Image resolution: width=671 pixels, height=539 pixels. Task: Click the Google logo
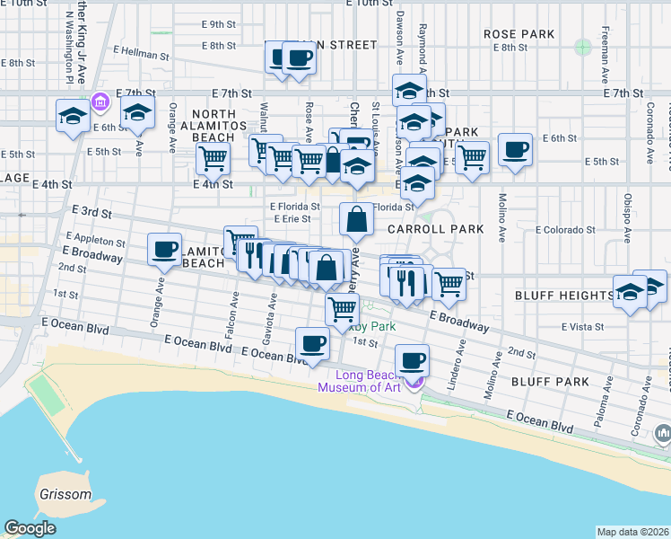(30, 528)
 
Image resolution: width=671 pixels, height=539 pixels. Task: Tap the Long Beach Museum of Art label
(368, 381)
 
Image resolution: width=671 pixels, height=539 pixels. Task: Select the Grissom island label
(65, 494)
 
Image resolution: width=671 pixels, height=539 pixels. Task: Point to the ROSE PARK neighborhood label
(519, 34)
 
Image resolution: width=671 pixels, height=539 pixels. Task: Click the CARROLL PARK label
(435, 229)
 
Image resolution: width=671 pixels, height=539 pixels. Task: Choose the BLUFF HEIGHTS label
(564, 296)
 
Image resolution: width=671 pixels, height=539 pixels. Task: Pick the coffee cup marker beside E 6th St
(515, 149)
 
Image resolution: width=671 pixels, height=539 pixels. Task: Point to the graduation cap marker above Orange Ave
(137, 114)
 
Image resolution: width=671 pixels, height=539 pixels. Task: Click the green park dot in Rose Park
(584, 45)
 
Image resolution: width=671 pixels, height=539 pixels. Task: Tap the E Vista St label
(584, 327)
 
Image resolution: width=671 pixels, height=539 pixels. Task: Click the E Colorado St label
(565, 230)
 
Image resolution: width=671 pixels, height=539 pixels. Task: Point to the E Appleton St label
(94, 242)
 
